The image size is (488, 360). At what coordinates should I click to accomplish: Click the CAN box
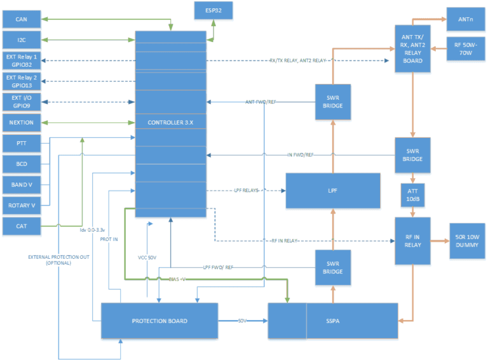[x=22, y=20]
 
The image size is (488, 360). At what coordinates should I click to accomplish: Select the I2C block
[x=22, y=40]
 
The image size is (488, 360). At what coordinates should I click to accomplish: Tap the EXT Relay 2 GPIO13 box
[x=22, y=81]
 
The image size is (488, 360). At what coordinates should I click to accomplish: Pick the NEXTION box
[x=22, y=121]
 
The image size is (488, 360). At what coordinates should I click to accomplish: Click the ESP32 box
[x=213, y=10]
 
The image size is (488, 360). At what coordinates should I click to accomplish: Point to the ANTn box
[x=465, y=19]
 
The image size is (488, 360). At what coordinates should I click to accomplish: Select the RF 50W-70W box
[x=466, y=48]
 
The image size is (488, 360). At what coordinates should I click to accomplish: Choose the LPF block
[x=333, y=191]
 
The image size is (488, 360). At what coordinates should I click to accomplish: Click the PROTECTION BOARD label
[x=159, y=321]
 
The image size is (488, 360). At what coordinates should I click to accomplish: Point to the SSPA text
[x=333, y=321]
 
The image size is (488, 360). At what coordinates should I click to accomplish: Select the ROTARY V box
[x=22, y=205]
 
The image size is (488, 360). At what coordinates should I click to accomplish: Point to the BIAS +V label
[x=178, y=279]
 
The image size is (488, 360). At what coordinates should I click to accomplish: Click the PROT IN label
[x=109, y=239]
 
